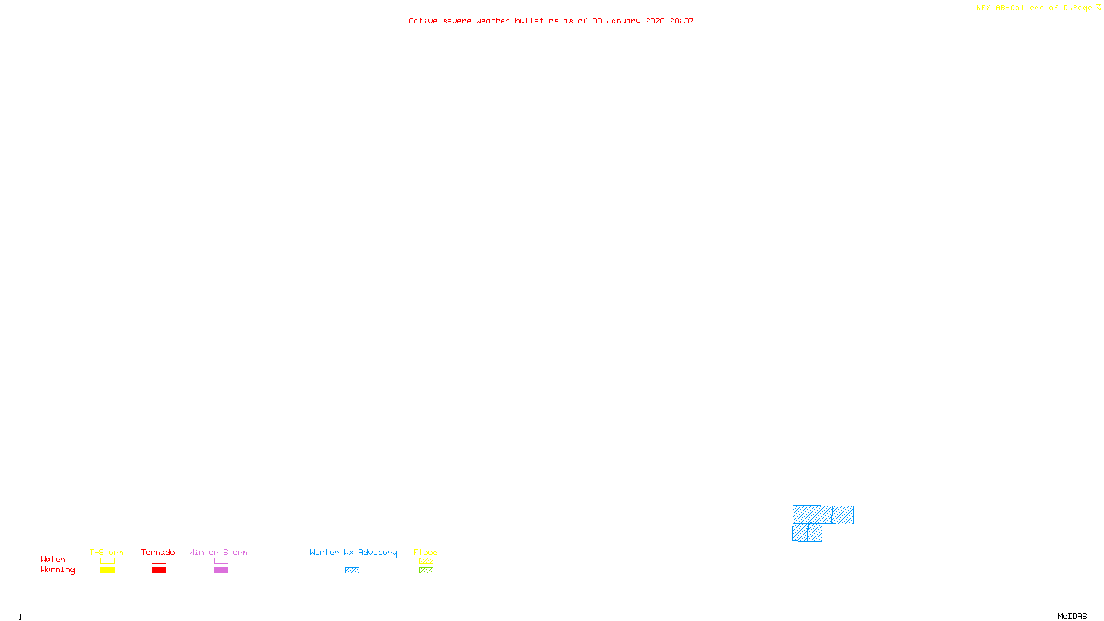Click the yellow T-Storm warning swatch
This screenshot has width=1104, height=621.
107,571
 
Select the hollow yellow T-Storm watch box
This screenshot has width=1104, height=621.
107,561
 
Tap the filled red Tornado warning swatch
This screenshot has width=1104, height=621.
159,571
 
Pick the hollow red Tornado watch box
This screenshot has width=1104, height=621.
159,561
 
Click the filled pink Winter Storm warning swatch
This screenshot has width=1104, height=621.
221,571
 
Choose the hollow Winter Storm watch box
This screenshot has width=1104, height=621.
221,561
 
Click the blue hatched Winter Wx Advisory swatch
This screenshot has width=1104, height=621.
352,571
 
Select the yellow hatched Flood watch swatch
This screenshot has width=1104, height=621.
426,561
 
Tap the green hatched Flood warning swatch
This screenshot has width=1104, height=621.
426,571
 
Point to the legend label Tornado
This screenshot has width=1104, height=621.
158,552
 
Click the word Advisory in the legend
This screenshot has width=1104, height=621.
377,552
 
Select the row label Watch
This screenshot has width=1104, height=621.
53,560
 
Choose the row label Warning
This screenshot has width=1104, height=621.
57,570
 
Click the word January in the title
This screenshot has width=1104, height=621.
623,21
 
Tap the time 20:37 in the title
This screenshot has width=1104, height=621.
682,21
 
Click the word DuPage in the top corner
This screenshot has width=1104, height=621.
1077,8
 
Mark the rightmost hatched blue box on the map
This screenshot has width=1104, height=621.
842,515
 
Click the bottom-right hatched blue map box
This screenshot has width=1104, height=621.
815,533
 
